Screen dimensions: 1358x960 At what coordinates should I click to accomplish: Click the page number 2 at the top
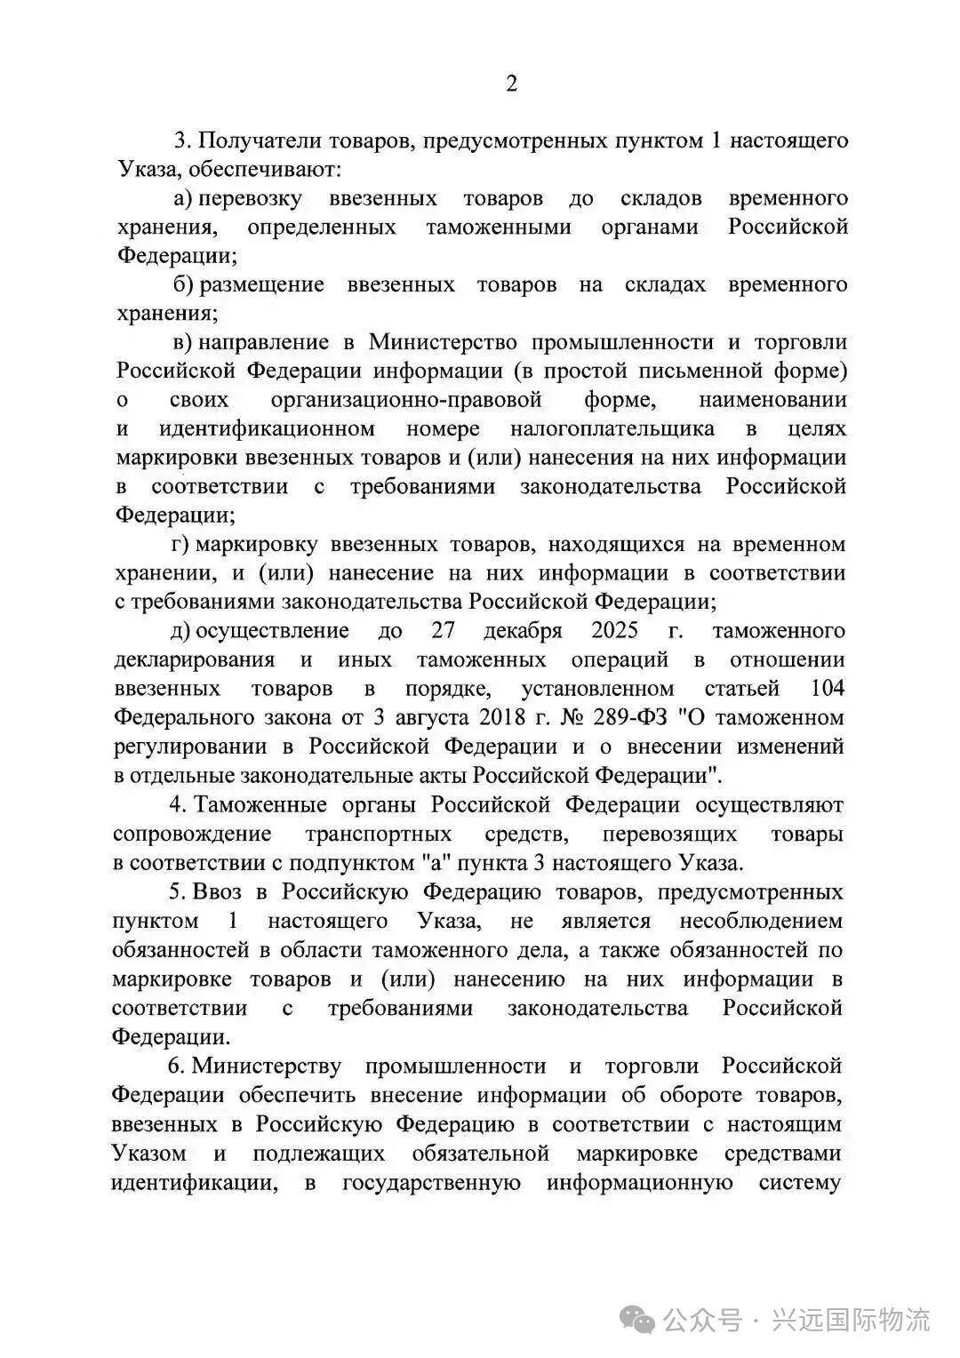click(x=510, y=84)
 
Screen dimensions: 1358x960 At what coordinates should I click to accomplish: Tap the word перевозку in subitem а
click(x=250, y=198)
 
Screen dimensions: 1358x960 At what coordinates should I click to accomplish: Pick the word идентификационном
click(x=267, y=428)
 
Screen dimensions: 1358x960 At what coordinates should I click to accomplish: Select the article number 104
click(x=828, y=689)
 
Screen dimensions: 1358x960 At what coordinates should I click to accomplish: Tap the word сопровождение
click(x=192, y=835)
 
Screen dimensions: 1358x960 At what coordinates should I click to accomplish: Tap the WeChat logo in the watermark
click(x=641, y=1320)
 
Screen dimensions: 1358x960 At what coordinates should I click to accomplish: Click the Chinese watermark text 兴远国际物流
click(x=852, y=1320)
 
